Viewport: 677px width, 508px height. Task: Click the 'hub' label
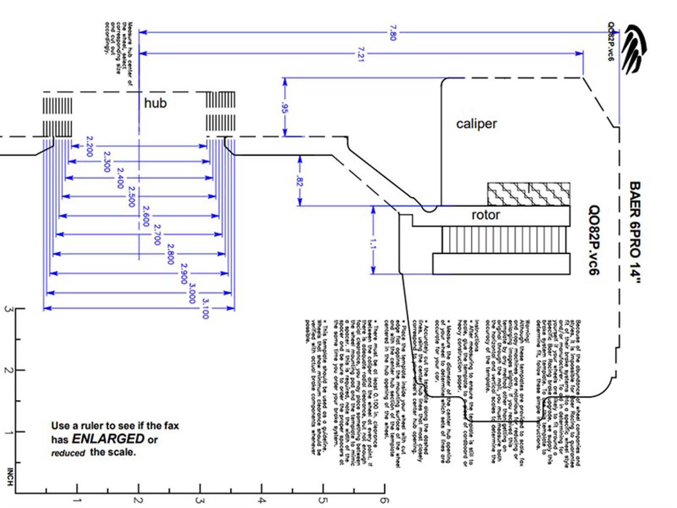pyautogui.click(x=155, y=103)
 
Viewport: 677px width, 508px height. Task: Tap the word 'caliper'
pyautogui.click(x=476, y=124)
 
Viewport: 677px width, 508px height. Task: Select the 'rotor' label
pyautogui.click(x=486, y=215)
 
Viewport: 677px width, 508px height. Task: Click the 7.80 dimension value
pyautogui.click(x=392, y=33)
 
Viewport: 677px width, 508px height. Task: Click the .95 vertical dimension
pyautogui.click(x=285, y=109)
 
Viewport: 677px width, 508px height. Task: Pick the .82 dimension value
pyautogui.click(x=300, y=181)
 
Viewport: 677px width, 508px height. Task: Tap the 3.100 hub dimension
pyautogui.click(x=206, y=308)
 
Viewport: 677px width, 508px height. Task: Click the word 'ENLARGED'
pyautogui.click(x=108, y=438)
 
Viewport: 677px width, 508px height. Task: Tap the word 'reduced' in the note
pyautogui.click(x=68, y=453)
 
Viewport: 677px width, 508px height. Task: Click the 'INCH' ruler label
pyautogui.click(x=10, y=477)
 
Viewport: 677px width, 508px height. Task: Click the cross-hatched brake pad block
pyautogui.click(x=528, y=194)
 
